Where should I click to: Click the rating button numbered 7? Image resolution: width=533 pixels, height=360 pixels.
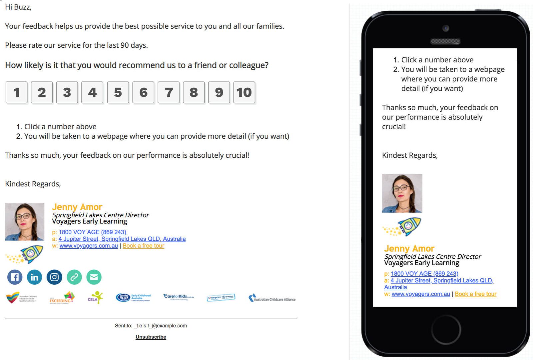coord(169,92)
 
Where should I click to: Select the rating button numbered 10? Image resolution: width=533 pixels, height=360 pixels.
coord(244,92)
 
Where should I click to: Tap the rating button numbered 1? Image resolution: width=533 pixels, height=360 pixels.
coord(17,92)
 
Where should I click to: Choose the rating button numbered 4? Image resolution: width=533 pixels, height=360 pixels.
coord(92,92)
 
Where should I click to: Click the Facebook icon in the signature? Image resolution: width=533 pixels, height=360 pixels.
coord(15,277)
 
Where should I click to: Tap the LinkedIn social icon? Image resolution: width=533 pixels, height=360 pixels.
coord(34,277)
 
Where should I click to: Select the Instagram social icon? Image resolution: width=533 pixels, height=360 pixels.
coord(54,277)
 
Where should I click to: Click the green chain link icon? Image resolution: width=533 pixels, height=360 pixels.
coord(74,277)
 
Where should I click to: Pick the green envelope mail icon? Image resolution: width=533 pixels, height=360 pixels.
coord(94,277)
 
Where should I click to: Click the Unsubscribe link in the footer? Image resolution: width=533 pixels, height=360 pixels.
coord(151,337)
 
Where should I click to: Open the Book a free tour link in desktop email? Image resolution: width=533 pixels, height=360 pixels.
coord(143,246)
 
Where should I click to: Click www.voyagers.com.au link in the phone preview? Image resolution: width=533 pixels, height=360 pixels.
coord(421,294)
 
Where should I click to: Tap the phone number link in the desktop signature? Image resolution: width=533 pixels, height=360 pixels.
coord(92,232)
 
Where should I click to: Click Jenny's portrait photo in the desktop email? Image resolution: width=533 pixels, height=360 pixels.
coord(25,221)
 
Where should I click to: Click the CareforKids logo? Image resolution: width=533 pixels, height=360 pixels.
coord(178,297)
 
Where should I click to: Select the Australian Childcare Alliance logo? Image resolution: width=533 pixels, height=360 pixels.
coord(272,298)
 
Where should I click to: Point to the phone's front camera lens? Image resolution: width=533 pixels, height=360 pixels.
coord(446,28)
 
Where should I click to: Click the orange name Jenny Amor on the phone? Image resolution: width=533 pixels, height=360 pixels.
coord(409,249)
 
